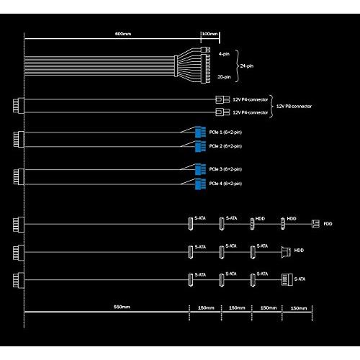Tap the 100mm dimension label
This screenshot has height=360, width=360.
coord(210,35)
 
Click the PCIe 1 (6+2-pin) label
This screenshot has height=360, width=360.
coord(226,132)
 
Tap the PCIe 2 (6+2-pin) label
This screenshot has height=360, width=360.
coord(226,146)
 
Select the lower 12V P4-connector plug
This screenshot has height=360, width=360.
coord(221,113)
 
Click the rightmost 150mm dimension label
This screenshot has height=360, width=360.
coord(297,307)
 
